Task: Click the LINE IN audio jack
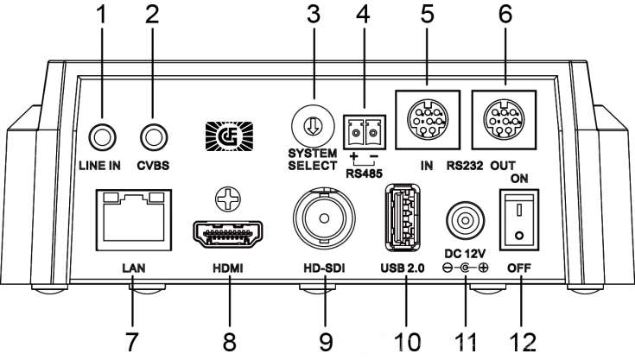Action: click(102, 136)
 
